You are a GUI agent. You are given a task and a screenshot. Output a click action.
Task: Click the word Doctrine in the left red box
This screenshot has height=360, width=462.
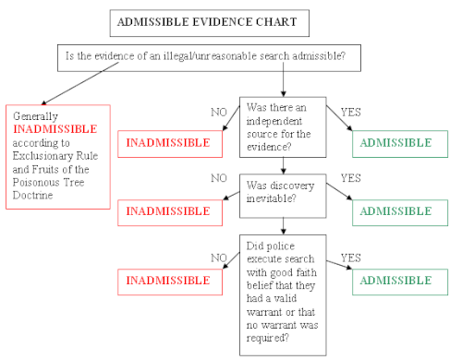tap(36, 196)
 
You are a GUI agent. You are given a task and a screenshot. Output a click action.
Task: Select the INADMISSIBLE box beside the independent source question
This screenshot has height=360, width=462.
tap(168, 143)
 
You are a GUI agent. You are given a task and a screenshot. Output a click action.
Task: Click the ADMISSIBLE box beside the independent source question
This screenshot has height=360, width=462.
tap(398, 143)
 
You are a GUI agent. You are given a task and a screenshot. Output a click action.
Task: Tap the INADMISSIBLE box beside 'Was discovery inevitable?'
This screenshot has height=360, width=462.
tap(168, 211)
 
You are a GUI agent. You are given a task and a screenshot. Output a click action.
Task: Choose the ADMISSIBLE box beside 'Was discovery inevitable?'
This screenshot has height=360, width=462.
tap(398, 211)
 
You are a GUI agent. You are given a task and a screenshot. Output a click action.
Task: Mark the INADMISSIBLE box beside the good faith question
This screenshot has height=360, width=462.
tap(168, 280)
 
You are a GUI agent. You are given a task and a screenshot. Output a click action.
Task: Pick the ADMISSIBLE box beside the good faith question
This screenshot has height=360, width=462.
tap(398, 280)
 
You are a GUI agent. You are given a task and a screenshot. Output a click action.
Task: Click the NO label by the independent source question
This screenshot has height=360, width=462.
tap(219, 112)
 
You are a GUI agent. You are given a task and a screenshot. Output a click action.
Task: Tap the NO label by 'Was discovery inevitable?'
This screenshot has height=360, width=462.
tap(219, 178)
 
